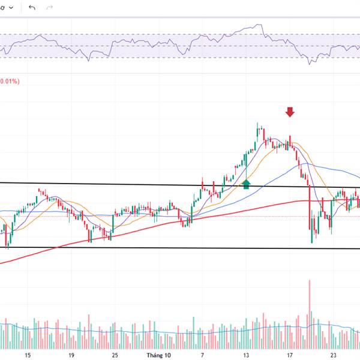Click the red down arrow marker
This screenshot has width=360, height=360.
(x=290, y=112)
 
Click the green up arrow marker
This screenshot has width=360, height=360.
(x=245, y=184)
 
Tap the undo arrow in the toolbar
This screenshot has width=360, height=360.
(x=32, y=7)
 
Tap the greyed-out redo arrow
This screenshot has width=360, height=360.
(x=50, y=7)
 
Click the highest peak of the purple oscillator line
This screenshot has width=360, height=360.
(x=260, y=25)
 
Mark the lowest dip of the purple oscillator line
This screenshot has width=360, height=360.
(x=309, y=63)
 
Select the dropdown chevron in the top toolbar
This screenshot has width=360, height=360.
(x=12, y=7)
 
